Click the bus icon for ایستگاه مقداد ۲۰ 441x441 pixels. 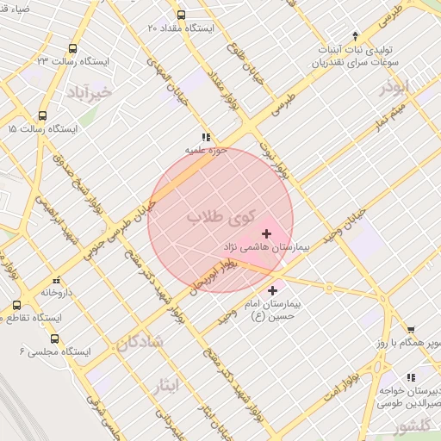(180, 15)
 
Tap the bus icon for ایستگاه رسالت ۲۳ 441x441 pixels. (72, 49)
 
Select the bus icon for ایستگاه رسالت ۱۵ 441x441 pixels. (42, 116)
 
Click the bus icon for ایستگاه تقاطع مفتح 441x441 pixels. (17, 305)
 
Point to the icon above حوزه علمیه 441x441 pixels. (205, 137)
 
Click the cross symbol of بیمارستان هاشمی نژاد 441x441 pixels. (266, 233)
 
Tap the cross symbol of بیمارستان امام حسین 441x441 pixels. (274, 290)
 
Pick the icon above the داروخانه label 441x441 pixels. (57, 280)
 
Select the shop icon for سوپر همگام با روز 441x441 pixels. (411, 329)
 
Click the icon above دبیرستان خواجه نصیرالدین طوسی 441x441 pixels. (411, 376)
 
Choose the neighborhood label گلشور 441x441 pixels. (394, 428)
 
